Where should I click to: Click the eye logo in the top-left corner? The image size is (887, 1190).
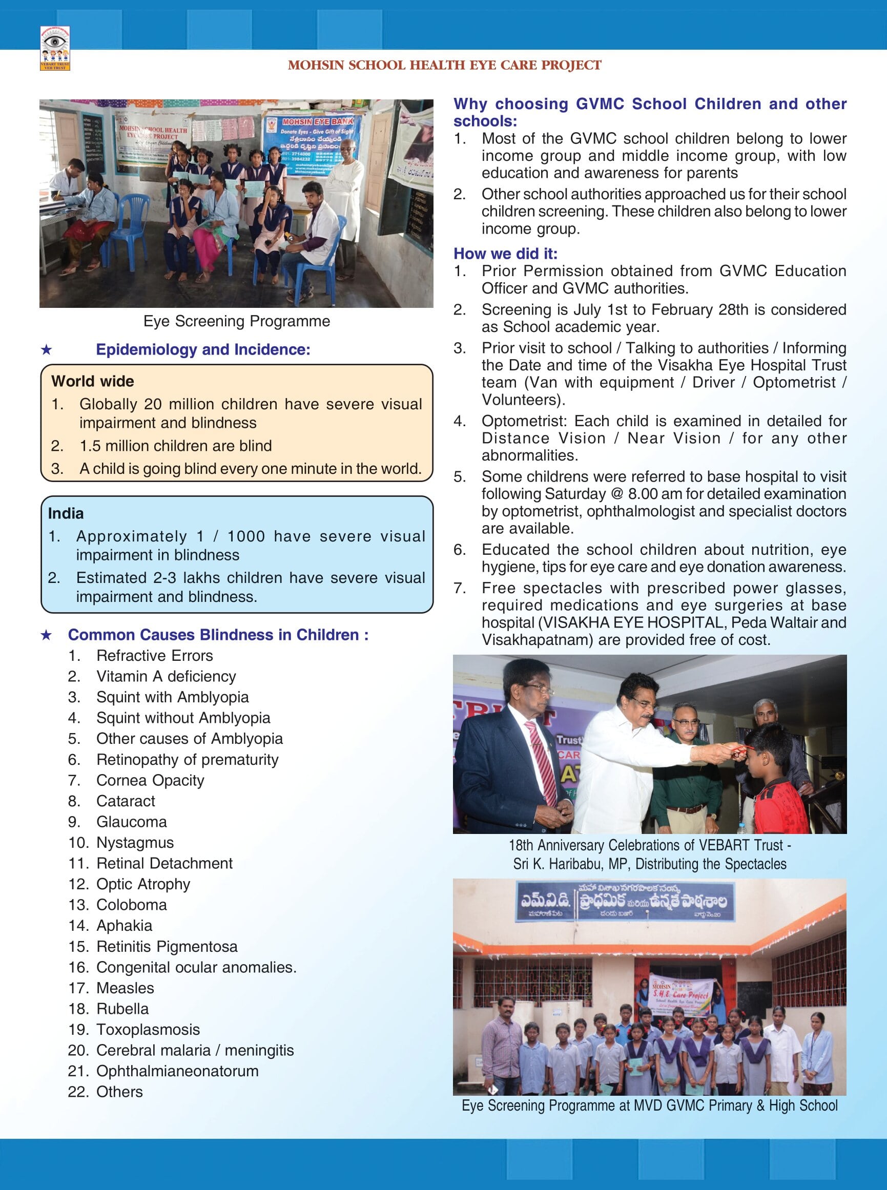[x=55, y=48]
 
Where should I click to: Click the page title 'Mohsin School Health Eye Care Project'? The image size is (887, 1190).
[x=444, y=66]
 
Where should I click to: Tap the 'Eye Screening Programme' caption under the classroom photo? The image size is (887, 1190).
[x=236, y=321]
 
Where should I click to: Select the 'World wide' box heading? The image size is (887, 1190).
[x=92, y=381]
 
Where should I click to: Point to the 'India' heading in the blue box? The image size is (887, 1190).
[x=66, y=513]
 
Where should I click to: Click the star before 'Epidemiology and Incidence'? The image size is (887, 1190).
[x=47, y=350]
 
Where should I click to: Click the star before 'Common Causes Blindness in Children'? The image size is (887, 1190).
[x=47, y=635]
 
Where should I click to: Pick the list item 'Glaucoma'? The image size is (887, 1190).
[x=131, y=822]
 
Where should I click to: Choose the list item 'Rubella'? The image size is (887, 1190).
[x=122, y=1009]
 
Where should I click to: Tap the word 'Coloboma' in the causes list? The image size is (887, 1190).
[x=131, y=905]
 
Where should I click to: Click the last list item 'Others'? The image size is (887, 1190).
[x=119, y=1092]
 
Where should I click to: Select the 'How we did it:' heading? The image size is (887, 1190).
[x=505, y=254]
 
